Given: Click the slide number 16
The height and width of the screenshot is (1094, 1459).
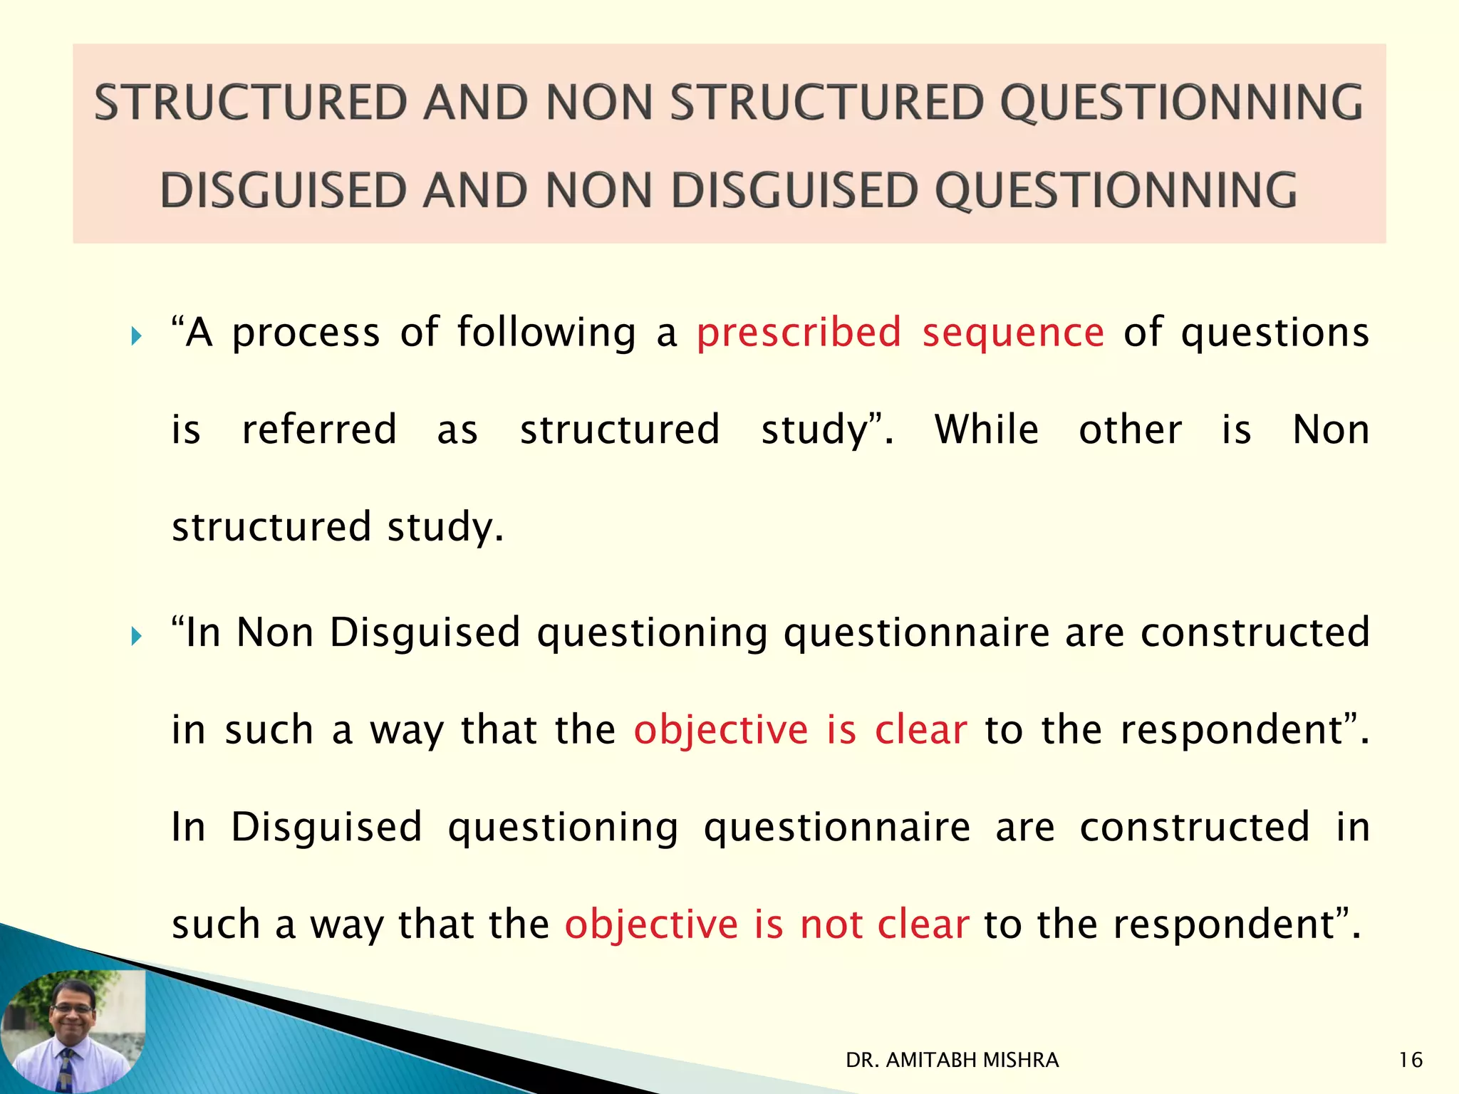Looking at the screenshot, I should pyautogui.click(x=1410, y=1061).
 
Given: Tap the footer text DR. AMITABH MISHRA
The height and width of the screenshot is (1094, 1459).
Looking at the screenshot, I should pyautogui.click(x=952, y=1061).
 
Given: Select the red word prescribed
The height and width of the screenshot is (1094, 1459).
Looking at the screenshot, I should pyautogui.click(x=799, y=333).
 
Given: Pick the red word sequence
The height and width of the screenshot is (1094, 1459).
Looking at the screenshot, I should pyautogui.click(x=1013, y=333).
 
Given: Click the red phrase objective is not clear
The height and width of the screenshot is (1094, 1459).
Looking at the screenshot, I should pyautogui.click(x=767, y=924).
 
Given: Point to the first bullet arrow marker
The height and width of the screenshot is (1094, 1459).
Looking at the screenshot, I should pyautogui.click(x=137, y=335).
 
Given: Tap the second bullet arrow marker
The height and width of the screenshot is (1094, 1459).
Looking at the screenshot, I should pyautogui.click(x=137, y=635).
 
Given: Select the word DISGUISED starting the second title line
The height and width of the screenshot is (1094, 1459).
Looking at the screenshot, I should pyautogui.click(x=283, y=191).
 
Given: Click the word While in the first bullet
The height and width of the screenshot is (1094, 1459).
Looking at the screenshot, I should pyautogui.click(x=987, y=430).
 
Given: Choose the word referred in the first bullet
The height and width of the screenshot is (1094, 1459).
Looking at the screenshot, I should pyautogui.click(x=319, y=430).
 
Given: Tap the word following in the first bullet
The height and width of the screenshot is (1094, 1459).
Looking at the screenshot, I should pyautogui.click(x=546, y=333).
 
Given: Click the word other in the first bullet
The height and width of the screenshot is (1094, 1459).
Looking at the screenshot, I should pyautogui.click(x=1131, y=430).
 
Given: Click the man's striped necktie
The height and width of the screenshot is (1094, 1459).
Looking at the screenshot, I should pyautogui.click(x=66, y=1068).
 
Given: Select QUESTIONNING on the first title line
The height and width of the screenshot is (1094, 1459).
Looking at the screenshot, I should pyautogui.click(x=1181, y=103).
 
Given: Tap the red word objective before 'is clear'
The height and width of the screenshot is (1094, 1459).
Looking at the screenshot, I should pyautogui.click(x=721, y=731).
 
